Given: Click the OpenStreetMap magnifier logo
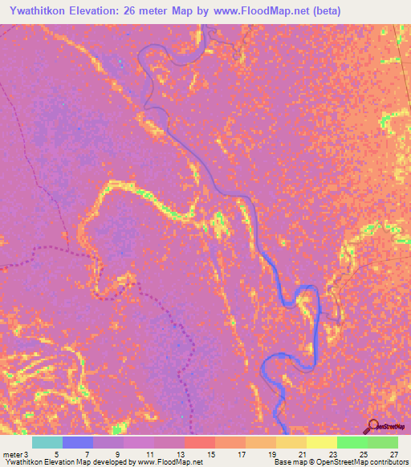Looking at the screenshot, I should (x=373, y=426).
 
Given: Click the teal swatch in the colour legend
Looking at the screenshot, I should (x=47, y=442).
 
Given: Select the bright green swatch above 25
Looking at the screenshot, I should (x=352, y=442).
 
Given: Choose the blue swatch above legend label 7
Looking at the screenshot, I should (x=78, y=442).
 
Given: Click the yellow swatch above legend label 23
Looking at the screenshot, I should (x=322, y=442).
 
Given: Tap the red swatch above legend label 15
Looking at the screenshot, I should (x=200, y=442).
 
